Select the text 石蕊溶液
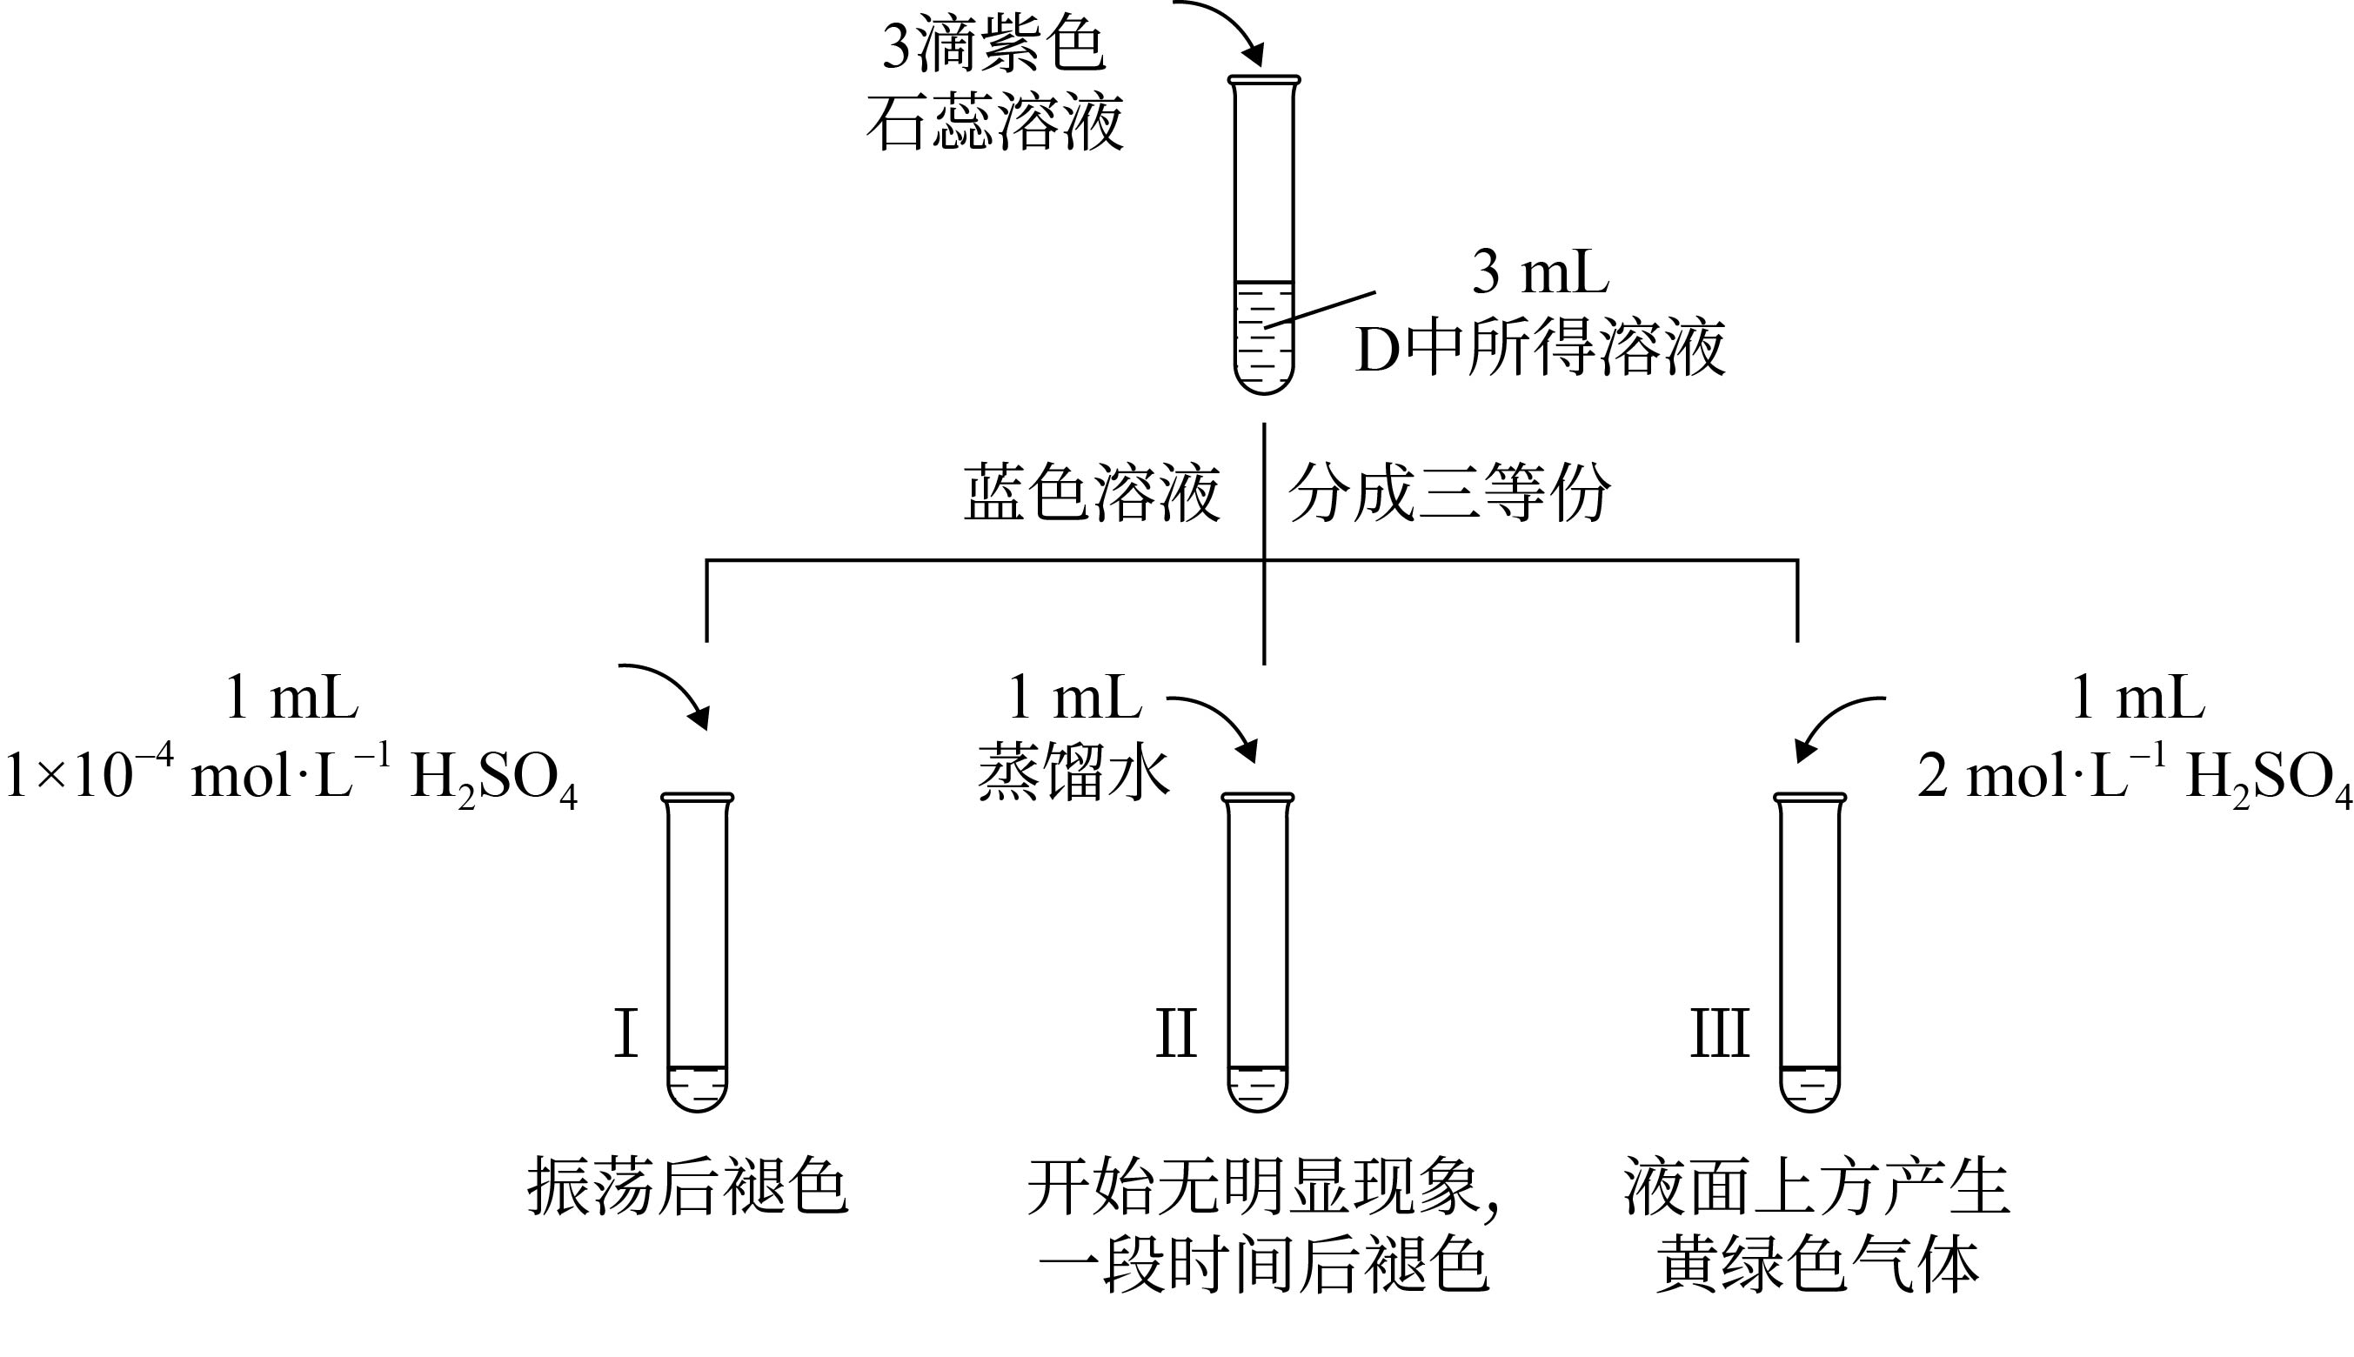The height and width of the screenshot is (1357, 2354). coord(994,122)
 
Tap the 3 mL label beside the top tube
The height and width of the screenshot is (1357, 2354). coord(1540,272)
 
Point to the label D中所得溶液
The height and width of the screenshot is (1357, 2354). coord(1540,349)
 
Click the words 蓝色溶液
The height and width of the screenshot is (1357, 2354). coord(1091,493)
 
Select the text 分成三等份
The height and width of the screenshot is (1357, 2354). coord(1448,493)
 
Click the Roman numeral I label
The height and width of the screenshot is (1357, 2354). coord(625,1033)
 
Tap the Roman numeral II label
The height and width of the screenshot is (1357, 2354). coord(1175,1033)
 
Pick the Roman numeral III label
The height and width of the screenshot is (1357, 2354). coord(1719,1033)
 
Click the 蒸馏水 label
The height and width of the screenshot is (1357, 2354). coord(1073,774)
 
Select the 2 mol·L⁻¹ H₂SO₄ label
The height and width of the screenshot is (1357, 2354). coord(2134,776)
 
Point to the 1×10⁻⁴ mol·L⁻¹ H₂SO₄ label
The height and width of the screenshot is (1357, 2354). coord(291,776)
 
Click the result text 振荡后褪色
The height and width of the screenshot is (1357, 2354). coord(688,1187)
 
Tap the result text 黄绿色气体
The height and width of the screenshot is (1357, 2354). coord(1817,1266)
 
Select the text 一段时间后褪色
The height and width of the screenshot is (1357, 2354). coord(1264,1266)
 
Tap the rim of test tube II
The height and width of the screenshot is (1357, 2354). coord(1257,797)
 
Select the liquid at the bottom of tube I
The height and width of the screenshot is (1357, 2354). coord(697,1087)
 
